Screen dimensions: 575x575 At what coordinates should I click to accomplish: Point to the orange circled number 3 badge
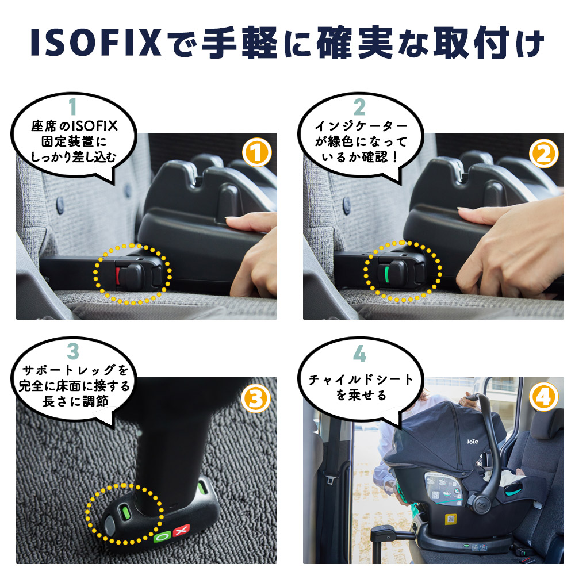[256, 397]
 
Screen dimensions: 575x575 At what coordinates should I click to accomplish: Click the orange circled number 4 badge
[543, 397]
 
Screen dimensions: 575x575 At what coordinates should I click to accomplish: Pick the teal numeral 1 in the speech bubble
[72, 107]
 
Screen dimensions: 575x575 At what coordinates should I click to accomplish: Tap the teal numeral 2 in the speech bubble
[359, 107]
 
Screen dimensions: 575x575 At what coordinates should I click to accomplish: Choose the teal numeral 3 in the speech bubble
[72, 351]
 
